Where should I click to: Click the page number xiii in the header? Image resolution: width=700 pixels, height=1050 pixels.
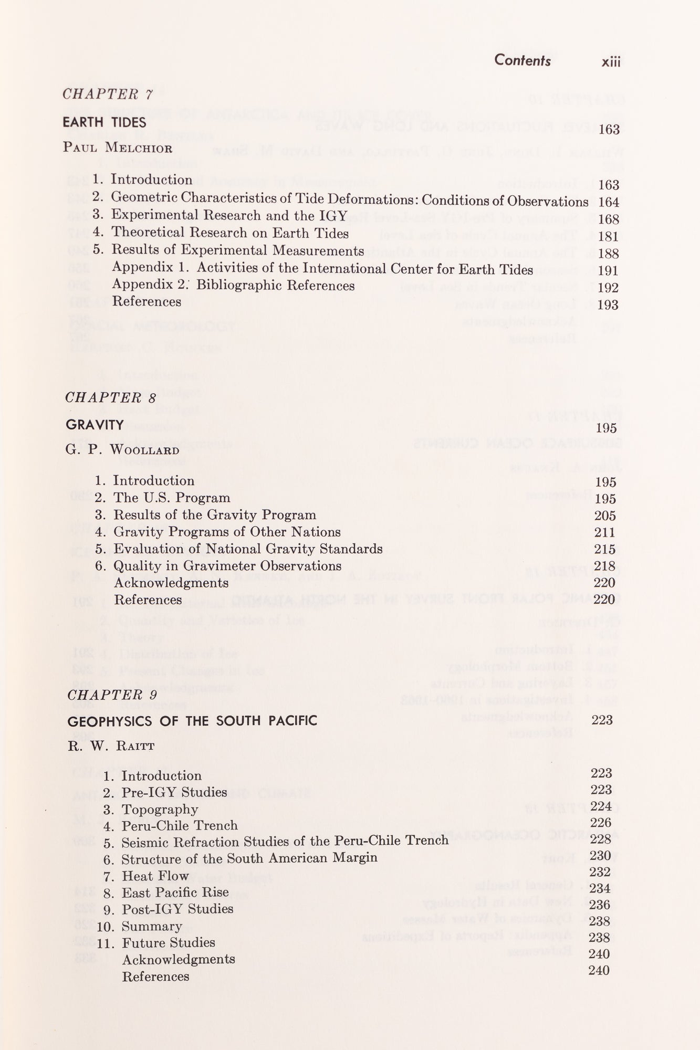coord(611,62)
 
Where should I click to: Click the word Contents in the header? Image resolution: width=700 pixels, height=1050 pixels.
coord(522,61)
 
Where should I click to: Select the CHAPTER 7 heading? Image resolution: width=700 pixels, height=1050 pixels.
coord(107,94)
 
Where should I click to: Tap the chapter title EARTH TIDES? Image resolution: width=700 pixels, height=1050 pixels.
coord(104,122)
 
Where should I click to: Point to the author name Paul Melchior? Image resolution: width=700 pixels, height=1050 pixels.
coord(118,147)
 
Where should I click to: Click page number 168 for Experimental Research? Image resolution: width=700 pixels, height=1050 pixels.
coord(609,219)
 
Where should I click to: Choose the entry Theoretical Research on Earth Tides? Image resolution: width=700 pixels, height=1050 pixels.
coord(230,233)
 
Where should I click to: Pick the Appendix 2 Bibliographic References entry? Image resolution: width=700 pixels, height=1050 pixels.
coord(233,285)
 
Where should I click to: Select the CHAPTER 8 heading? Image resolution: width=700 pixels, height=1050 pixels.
coord(110,397)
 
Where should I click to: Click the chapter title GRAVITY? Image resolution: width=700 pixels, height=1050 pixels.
coord(95,425)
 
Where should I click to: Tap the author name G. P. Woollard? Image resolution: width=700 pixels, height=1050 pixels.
coord(123,450)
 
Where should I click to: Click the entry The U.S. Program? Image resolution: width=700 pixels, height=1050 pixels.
coord(172,498)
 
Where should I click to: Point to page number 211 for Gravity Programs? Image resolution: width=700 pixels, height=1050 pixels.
coord(605,532)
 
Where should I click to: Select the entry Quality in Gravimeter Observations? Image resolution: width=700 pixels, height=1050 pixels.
coord(227,566)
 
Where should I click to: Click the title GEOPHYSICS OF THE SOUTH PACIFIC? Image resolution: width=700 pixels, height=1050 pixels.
coord(192,721)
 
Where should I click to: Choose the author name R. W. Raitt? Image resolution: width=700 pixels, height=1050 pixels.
coord(110,746)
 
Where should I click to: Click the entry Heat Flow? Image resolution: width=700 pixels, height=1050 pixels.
coord(155,876)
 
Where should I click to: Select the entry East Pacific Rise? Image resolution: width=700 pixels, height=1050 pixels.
coord(175,892)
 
